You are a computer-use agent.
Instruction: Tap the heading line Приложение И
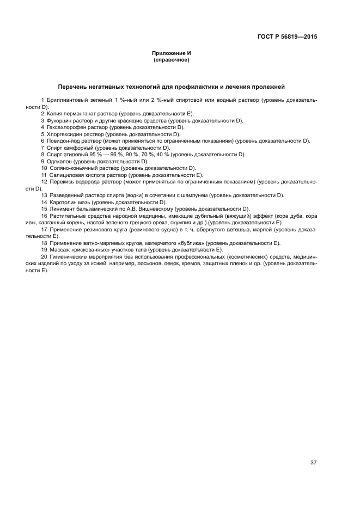pyautogui.click(x=172, y=53)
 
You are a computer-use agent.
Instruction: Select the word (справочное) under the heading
pyautogui.click(x=172, y=59)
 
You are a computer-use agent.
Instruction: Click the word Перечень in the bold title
pyautogui.click(x=74, y=87)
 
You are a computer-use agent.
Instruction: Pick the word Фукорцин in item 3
pyautogui.click(x=58, y=120)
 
